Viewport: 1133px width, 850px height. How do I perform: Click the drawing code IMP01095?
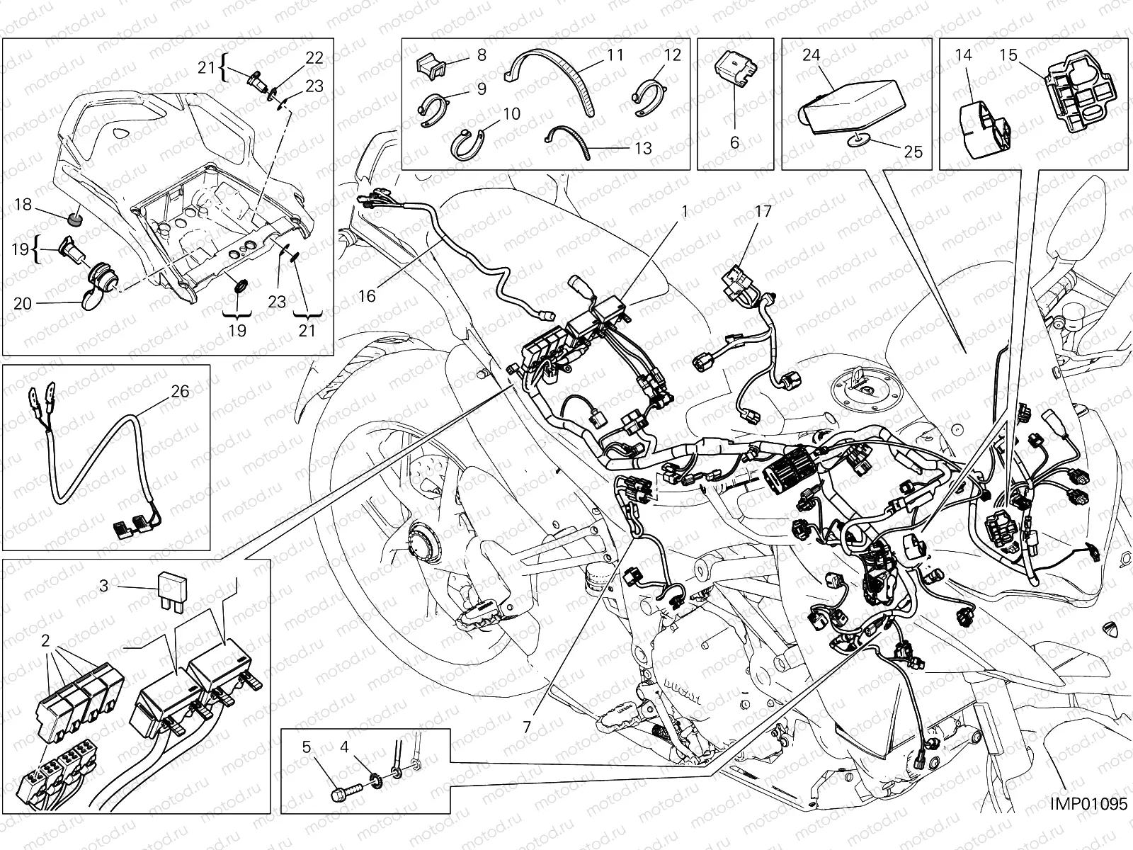pos(1088,826)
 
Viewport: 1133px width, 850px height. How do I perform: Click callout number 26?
pos(180,391)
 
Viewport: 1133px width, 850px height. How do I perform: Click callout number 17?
pos(763,210)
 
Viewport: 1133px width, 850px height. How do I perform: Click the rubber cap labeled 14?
pos(981,127)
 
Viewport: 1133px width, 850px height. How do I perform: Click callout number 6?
pos(734,142)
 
